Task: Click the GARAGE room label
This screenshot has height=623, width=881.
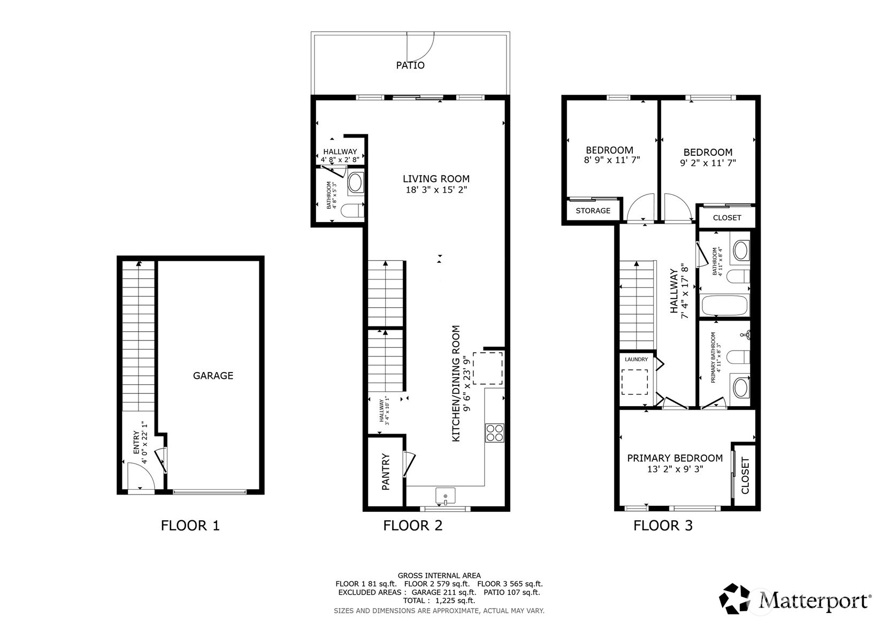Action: [x=213, y=376]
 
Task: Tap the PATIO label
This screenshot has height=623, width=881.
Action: [x=410, y=65]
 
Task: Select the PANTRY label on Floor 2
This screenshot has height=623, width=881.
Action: [x=386, y=472]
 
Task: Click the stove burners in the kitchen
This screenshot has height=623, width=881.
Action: [x=495, y=432]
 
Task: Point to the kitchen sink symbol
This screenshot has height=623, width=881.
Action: [x=445, y=496]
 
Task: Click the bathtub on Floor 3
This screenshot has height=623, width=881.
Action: [x=725, y=306]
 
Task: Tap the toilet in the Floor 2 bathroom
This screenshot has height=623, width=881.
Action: [x=353, y=211]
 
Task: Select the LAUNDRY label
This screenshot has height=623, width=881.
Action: [x=636, y=360]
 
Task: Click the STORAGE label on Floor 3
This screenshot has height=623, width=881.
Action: [x=593, y=211]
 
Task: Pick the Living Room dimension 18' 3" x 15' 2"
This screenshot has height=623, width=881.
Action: [x=436, y=189]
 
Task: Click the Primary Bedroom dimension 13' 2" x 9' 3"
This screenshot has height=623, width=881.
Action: [x=675, y=469]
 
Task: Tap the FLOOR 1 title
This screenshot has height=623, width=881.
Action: [x=190, y=526]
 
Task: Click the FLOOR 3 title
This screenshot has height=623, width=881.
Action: [x=663, y=526]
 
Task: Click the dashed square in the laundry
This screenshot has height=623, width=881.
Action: [x=634, y=382]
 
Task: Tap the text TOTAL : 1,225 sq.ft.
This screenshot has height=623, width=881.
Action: [x=439, y=601]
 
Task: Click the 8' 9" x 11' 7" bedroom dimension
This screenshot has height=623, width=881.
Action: [x=611, y=159]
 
